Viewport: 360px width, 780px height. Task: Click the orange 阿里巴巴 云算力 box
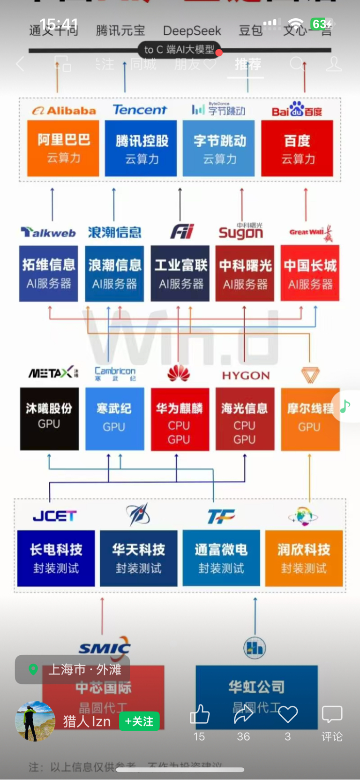click(x=63, y=148)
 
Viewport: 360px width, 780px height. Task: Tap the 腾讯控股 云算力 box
click(x=141, y=148)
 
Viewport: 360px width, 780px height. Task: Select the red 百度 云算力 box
click(x=297, y=148)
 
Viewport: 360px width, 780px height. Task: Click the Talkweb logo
click(x=48, y=232)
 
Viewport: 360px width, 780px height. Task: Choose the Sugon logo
click(x=241, y=232)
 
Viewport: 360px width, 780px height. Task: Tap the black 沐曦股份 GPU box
click(x=49, y=418)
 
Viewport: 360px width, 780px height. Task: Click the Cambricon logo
click(x=115, y=373)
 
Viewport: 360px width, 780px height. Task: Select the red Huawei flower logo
click(x=179, y=373)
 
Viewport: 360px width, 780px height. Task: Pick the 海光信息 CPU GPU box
click(x=245, y=418)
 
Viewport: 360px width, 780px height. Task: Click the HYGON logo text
click(x=246, y=376)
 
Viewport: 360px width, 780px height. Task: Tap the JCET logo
click(x=55, y=516)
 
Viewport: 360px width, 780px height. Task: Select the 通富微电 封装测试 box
click(x=221, y=558)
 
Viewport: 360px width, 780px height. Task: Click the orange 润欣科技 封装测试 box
click(x=304, y=558)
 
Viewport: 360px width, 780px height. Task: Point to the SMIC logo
click(x=105, y=648)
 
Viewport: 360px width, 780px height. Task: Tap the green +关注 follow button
click(x=139, y=721)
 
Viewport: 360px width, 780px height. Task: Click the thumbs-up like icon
click(x=200, y=714)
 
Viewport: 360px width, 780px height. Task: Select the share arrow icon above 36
click(x=243, y=714)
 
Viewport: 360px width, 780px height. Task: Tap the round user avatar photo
click(x=35, y=721)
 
